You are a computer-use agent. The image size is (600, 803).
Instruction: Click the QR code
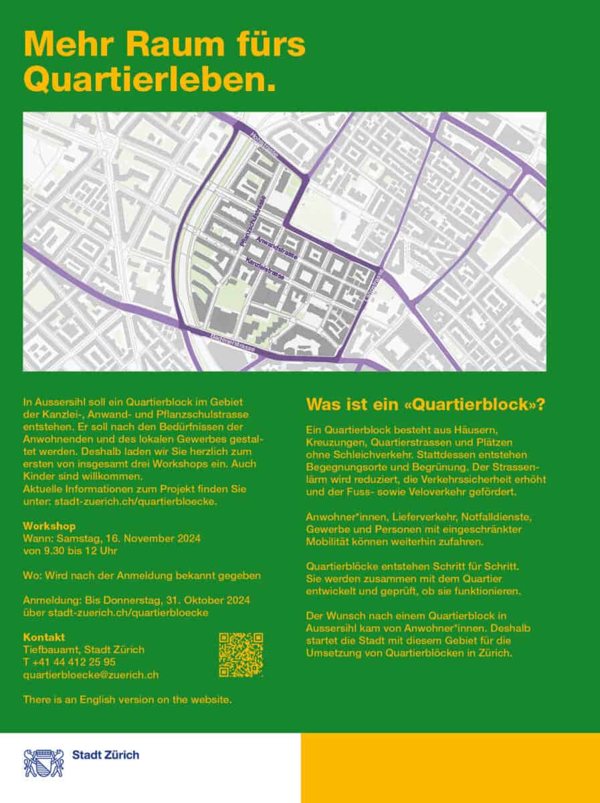[241, 654]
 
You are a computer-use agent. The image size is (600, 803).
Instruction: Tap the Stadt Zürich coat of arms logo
[43, 762]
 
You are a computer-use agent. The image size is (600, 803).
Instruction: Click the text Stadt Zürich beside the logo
[106, 755]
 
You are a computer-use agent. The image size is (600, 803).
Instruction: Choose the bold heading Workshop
[49, 526]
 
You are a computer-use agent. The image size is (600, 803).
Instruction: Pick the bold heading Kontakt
[43, 636]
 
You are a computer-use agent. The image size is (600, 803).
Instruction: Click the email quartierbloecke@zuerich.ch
[90, 675]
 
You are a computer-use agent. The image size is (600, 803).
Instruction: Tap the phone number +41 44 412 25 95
[69, 662]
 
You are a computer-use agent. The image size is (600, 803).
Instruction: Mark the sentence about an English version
[127, 699]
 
